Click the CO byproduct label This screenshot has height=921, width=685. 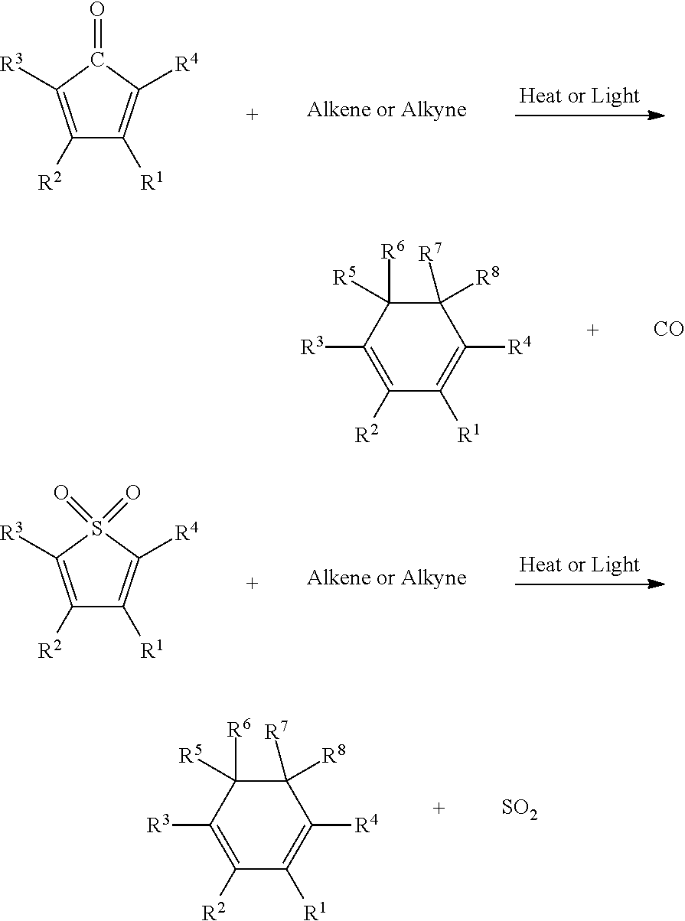click(x=667, y=330)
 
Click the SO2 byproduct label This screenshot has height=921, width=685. click(x=519, y=810)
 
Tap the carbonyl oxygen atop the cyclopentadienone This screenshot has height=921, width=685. click(x=96, y=11)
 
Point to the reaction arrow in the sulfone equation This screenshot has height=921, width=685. click(x=589, y=584)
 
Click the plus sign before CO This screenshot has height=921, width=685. click(x=592, y=330)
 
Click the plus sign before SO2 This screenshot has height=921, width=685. click(x=439, y=808)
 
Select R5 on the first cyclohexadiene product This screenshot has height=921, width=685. click(x=345, y=277)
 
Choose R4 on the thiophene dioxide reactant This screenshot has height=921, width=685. click(x=188, y=533)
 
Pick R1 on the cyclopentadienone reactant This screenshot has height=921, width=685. click(x=151, y=184)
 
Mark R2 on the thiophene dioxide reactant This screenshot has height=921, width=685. click(x=50, y=653)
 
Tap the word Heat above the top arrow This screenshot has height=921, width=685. click(x=537, y=96)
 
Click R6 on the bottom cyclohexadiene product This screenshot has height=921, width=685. click(x=239, y=731)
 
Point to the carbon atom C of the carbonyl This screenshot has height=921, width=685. click(x=96, y=58)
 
